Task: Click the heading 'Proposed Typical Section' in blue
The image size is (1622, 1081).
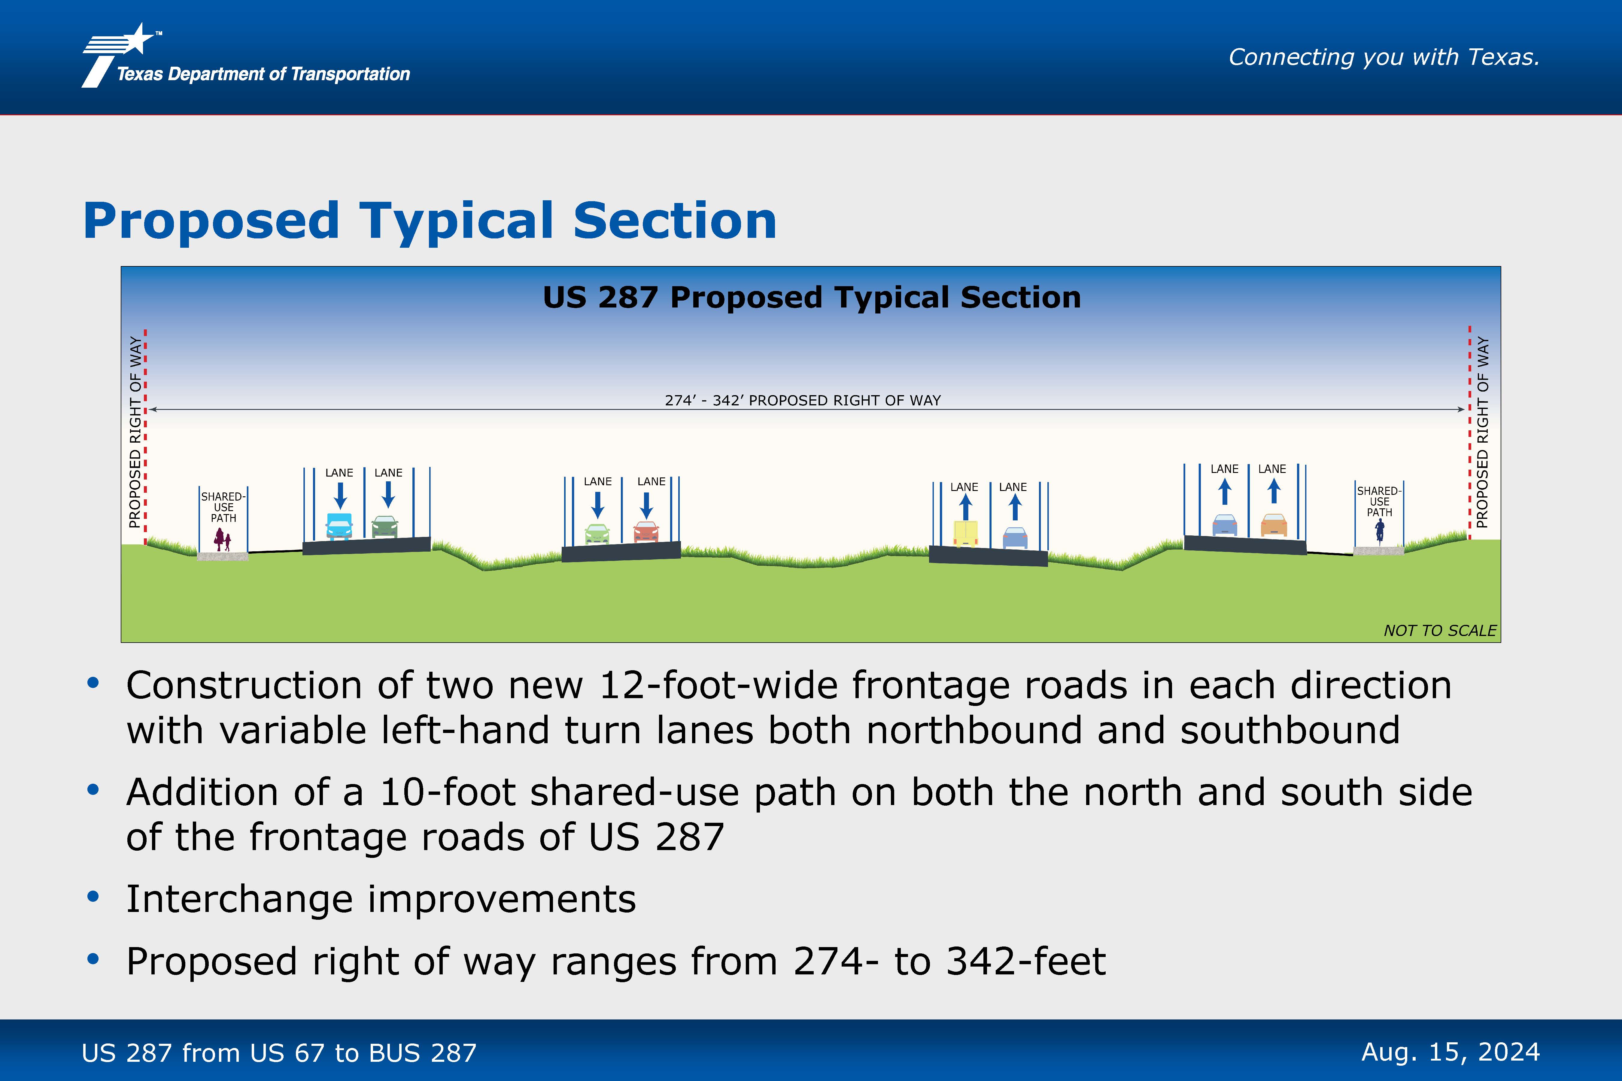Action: [430, 221]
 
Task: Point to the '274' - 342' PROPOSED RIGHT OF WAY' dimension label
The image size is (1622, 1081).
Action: [803, 401]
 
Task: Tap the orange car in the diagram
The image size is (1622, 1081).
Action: [1274, 525]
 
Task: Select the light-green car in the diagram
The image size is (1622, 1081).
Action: [597, 534]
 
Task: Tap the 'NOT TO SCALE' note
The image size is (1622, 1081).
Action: [1440, 631]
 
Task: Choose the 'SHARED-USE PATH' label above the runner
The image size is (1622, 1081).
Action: [1379, 502]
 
